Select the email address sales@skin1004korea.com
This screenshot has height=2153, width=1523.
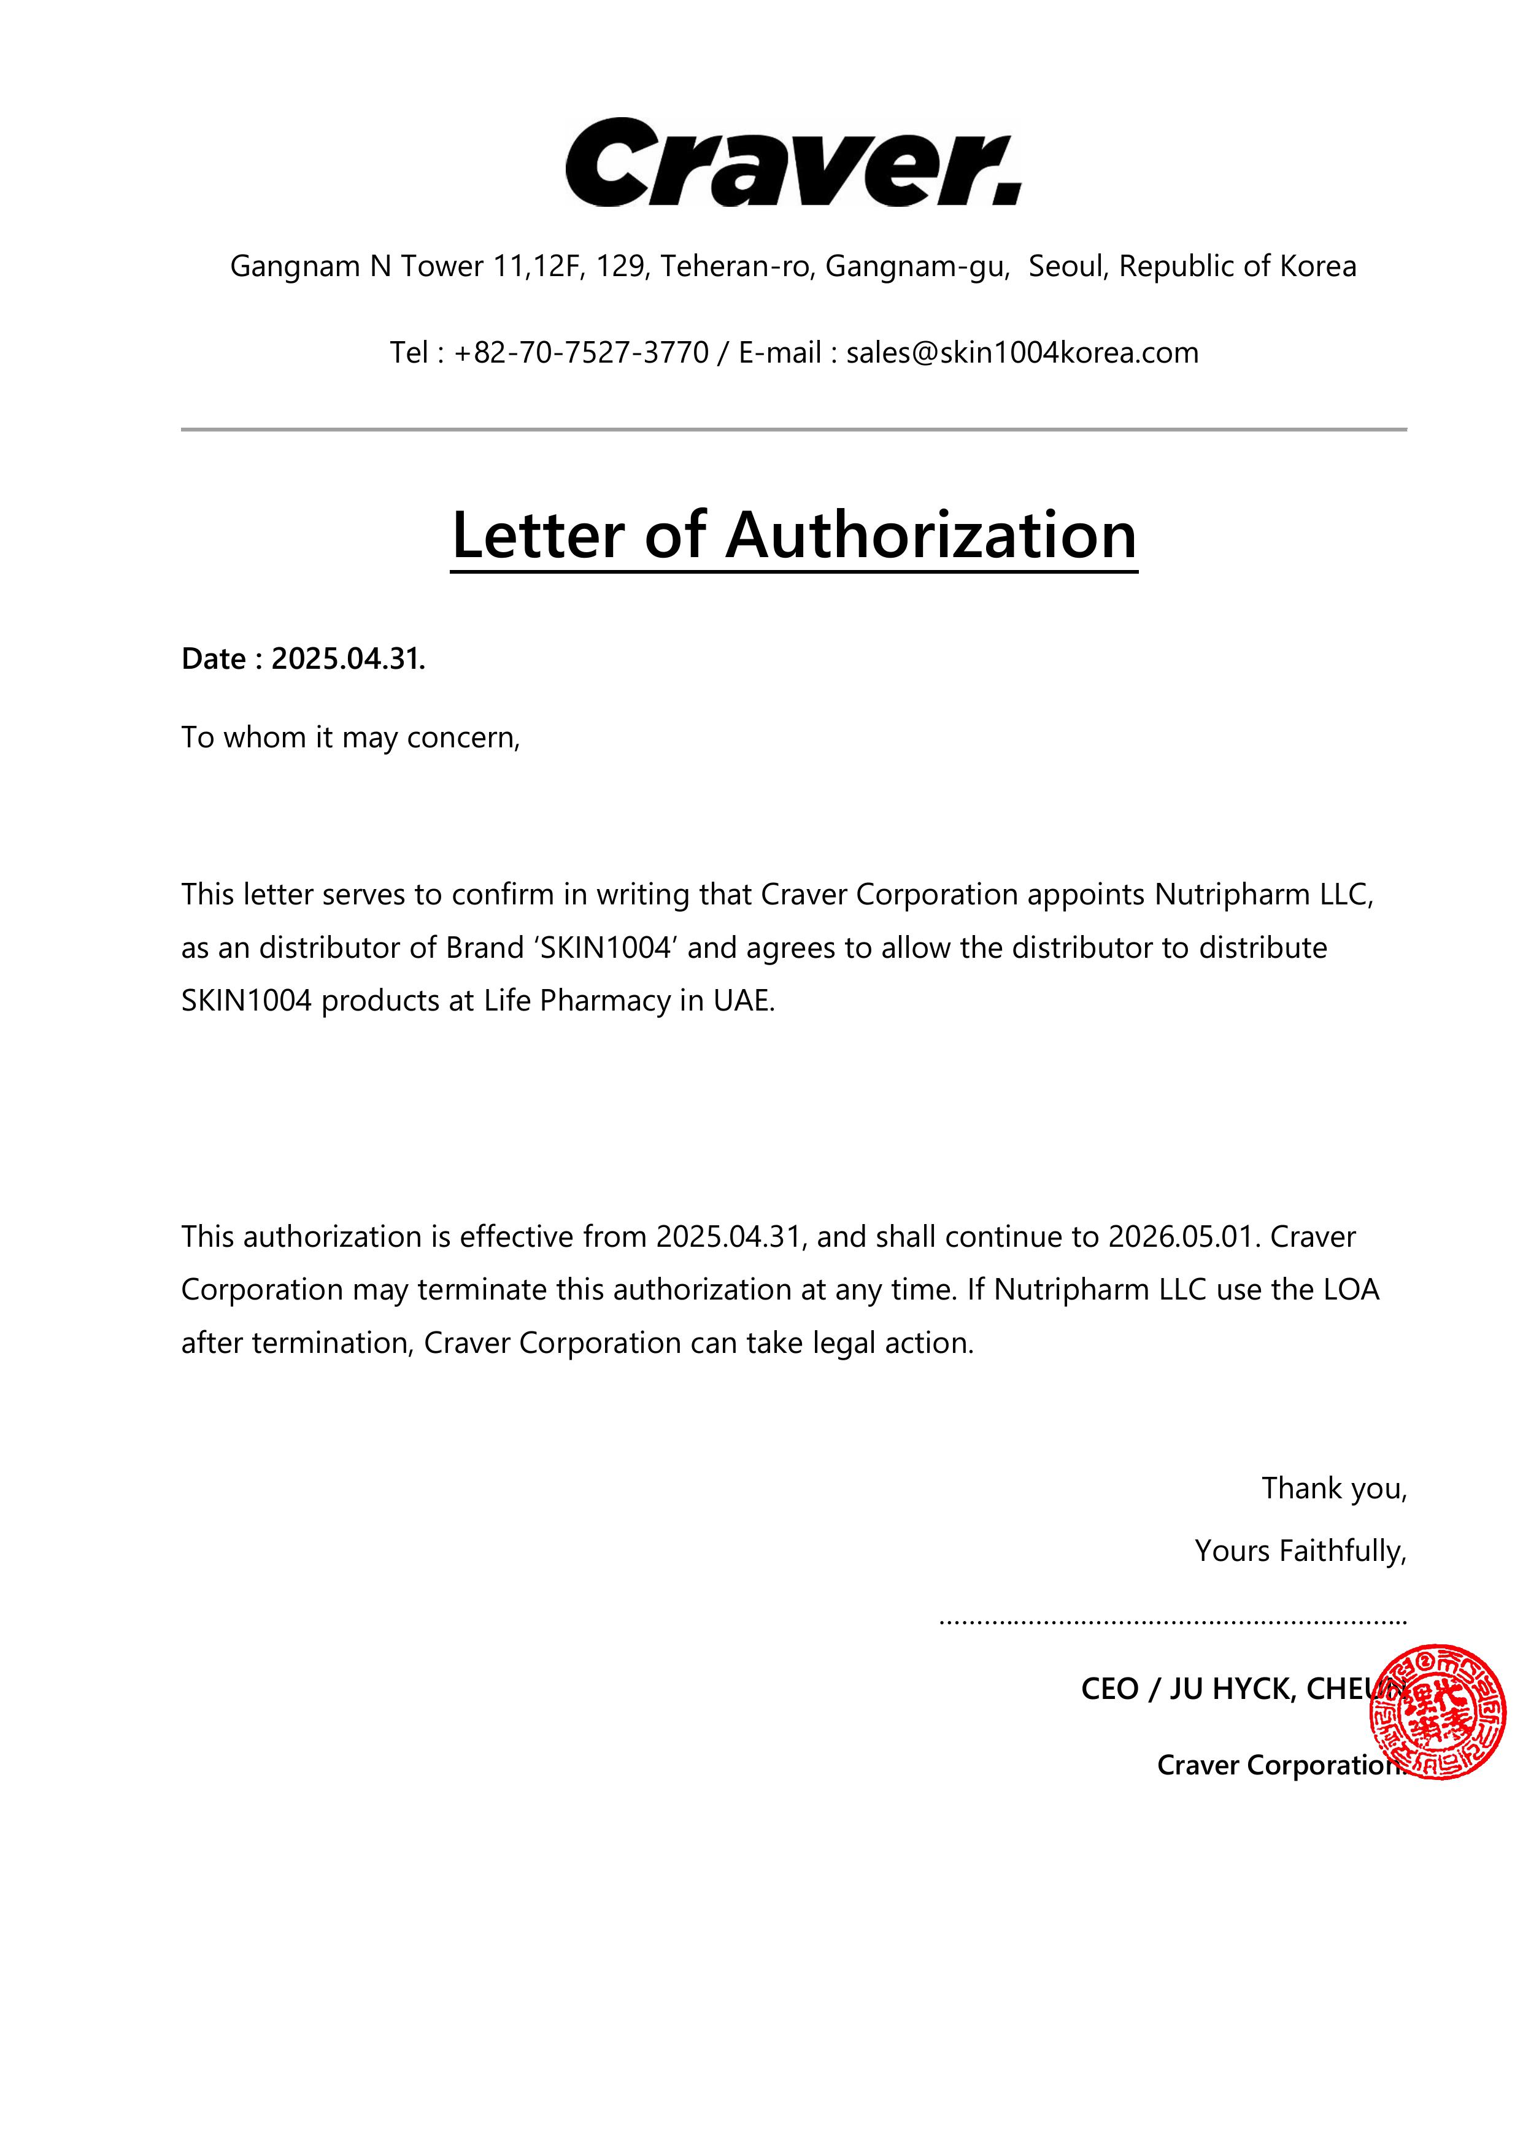[1022, 353]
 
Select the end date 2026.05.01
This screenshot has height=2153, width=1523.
[1181, 1237]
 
